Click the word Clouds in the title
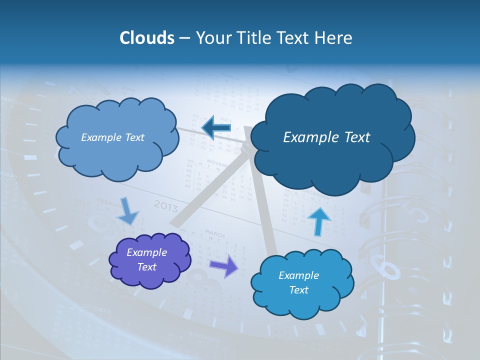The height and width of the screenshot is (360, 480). pos(146,38)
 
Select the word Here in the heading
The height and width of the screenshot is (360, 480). pos(334,38)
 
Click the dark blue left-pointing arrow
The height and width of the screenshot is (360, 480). pos(216,128)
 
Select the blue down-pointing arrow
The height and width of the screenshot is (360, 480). pos(129,210)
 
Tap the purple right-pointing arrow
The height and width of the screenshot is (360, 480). pos(224,266)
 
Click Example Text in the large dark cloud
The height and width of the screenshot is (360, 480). pos(326,137)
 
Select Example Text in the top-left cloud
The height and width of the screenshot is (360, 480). pos(112,137)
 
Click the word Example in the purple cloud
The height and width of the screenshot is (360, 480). pos(146,252)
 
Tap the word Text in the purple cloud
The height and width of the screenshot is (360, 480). pos(146,267)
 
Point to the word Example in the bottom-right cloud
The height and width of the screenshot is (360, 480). pos(298,275)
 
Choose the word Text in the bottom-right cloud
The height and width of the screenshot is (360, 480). pos(298,290)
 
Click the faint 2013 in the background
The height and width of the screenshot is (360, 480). pos(165,205)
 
